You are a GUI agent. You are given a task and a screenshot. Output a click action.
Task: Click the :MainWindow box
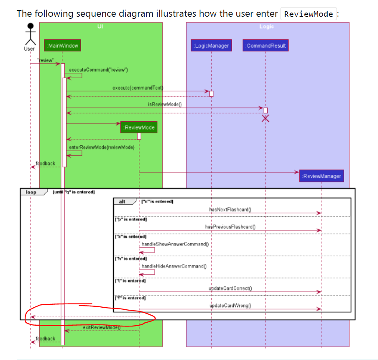(x=62, y=45)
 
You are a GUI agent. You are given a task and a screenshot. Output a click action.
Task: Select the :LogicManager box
(x=211, y=46)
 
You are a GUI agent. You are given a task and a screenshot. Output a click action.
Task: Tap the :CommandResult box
(x=266, y=46)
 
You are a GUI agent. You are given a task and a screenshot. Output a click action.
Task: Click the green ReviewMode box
(x=139, y=127)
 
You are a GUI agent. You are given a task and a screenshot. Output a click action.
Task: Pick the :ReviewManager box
(x=321, y=176)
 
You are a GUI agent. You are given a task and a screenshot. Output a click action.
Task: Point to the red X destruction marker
(x=266, y=119)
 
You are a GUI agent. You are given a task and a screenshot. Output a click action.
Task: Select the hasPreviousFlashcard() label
(x=230, y=226)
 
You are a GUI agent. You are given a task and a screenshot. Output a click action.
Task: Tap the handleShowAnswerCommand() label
(x=175, y=244)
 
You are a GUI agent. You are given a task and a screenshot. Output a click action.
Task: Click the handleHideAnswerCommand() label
(x=174, y=266)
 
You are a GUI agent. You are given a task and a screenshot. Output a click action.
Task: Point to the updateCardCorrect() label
(x=230, y=288)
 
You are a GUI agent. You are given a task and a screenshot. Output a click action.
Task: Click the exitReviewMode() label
(x=102, y=327)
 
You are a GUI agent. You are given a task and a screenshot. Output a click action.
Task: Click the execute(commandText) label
(x=137, y=87)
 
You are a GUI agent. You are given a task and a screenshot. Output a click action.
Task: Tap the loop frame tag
(x=31, y=192)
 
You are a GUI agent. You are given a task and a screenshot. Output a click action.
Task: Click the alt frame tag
(x=123, y=201)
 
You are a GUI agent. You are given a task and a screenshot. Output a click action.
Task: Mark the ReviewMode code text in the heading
(x=308, y=14)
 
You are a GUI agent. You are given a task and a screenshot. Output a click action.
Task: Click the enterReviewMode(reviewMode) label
(x=101, y=147)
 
